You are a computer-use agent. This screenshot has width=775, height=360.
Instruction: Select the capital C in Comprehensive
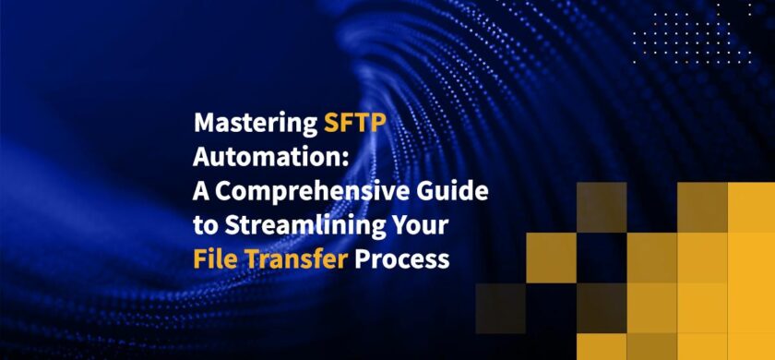(227, 192)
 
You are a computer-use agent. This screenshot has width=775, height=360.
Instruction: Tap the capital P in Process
(365, 259)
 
